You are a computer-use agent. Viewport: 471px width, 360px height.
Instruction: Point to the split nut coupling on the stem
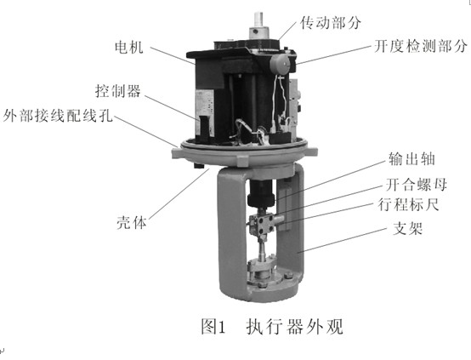[261, 223]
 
